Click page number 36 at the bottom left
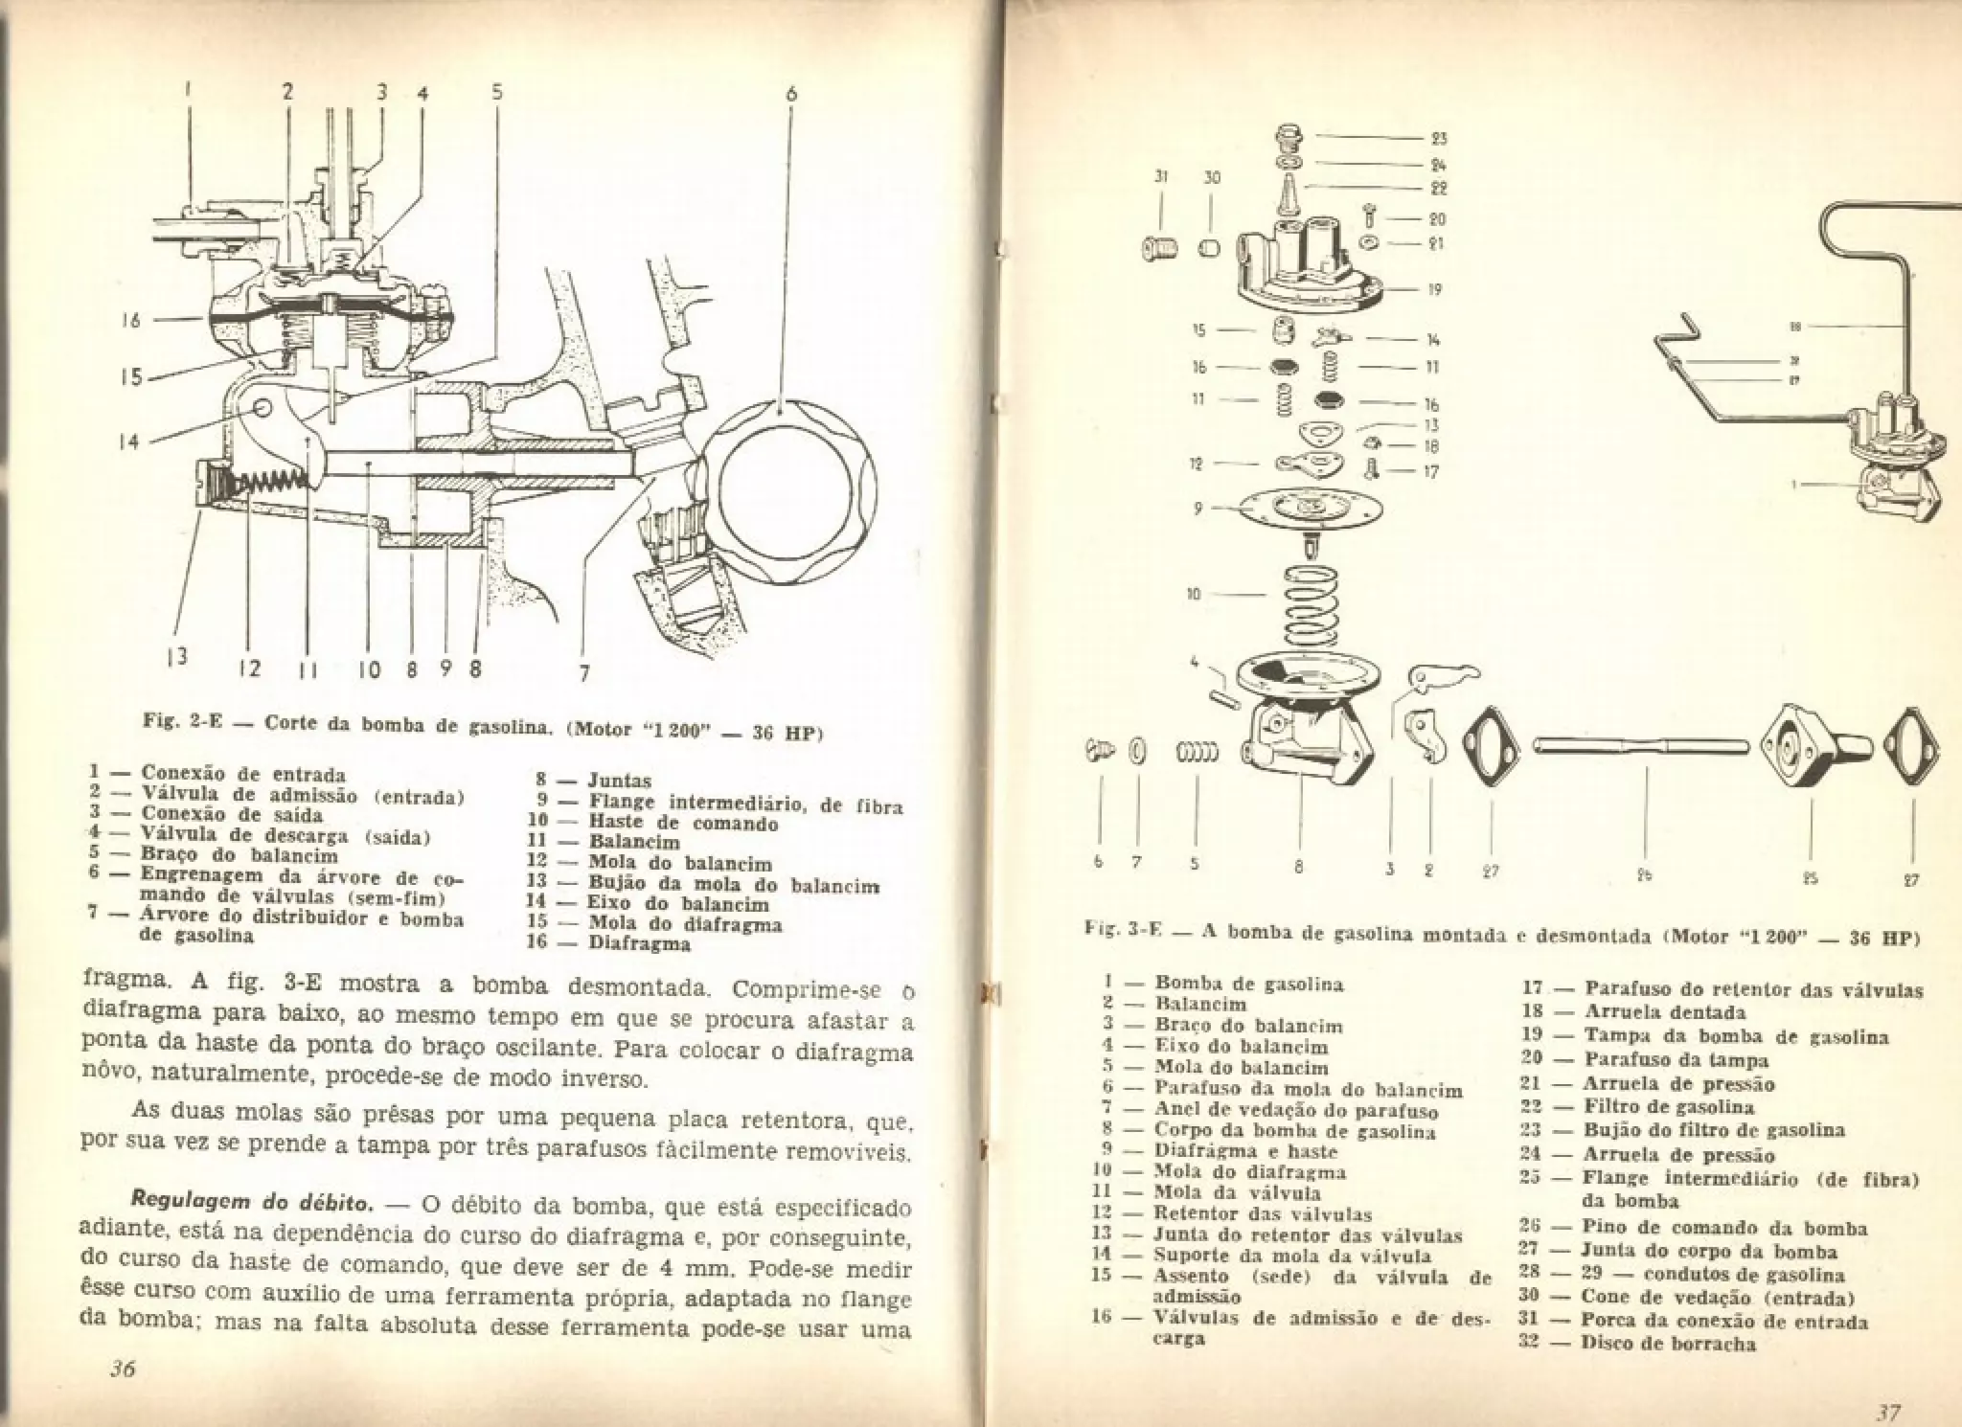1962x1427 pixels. coord(122,1368)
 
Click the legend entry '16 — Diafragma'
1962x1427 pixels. coord(610,942)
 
